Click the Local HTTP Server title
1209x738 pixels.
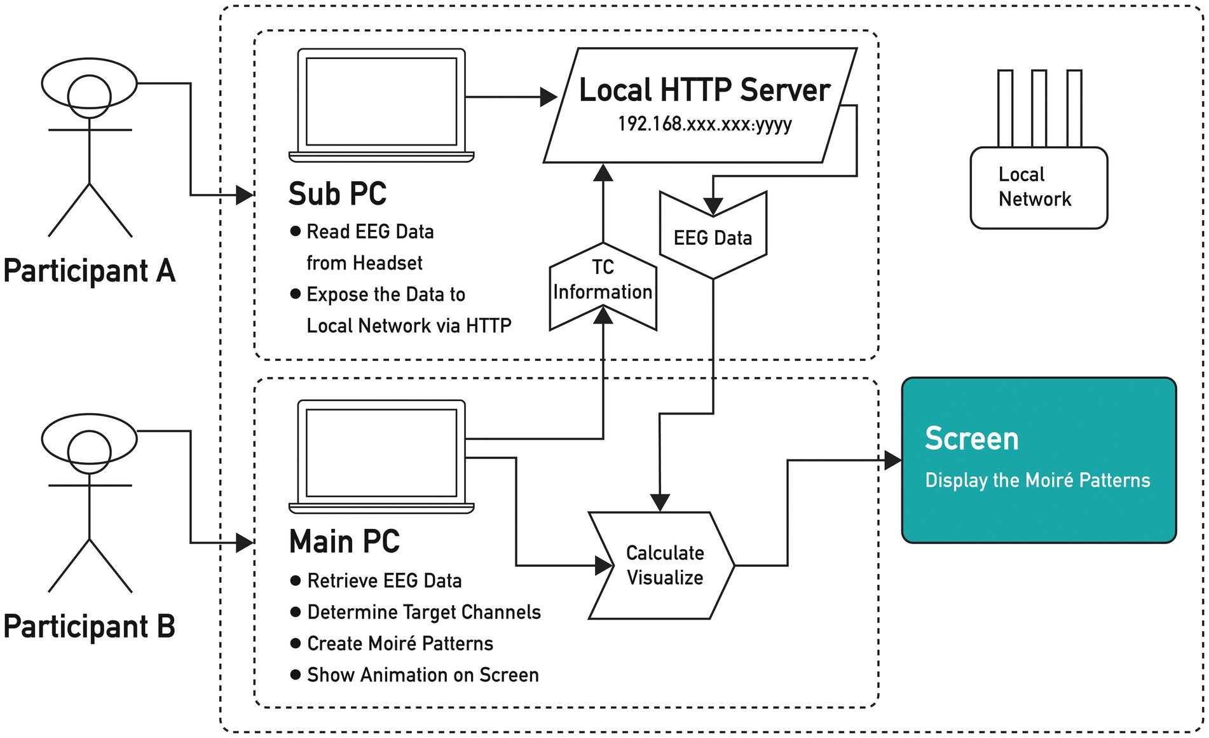pos(704,90)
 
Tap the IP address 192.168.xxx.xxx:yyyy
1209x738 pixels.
pos(704,123)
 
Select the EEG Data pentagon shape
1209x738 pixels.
pos(713,235)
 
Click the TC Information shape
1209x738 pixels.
pos(603,287)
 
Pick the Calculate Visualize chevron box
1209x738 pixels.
pos(661,565)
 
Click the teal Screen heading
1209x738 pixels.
pos(971,439)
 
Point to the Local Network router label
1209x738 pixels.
pos(1034,187)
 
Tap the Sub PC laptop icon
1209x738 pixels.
pos(381,106)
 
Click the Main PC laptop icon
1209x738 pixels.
pos(381,456)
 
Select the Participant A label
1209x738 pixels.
pos(89,271)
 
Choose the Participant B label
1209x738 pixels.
pos(89,626)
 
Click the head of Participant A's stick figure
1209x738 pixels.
pos(90,96)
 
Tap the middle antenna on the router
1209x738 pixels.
pos(1039,108)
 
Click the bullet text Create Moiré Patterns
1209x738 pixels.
pos(400,643)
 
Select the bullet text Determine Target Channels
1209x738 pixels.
pos(424,612)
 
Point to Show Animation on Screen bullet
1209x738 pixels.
pos(423,674)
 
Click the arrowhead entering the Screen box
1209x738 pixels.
pos(893,460)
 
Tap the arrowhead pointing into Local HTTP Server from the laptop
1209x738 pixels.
pos(549,97)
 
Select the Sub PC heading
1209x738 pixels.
pos(338,193)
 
